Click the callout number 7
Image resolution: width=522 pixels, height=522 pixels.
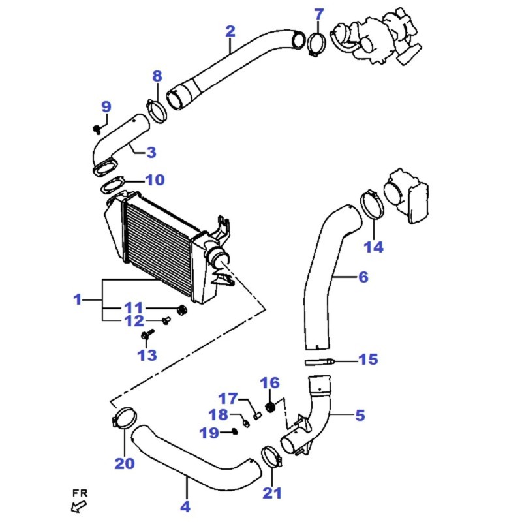click(x=318, y=14)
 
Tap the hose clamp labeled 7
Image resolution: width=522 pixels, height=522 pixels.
click(x=316, y=43)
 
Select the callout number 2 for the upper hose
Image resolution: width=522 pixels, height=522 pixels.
click(x=230, y=31)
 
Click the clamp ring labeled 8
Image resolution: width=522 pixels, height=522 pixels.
click(x=156, y=110)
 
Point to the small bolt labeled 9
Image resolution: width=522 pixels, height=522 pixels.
click(x=97, y=129)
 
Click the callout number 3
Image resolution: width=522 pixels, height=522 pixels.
click(x=151, y=152)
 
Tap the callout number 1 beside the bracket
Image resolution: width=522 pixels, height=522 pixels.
click(x=78, y=299)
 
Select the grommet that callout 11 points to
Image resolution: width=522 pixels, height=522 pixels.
click(x=182, y=310)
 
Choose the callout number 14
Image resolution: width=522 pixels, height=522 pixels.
click(x=373, y=247)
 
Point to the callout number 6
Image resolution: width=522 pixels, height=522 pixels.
click(x=363, y=277)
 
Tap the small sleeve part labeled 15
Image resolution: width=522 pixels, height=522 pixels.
click(x=320, y=361)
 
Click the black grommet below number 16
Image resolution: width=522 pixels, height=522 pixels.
click(x=271, y=407)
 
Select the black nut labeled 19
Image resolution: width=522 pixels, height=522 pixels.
click(x=234, y=432)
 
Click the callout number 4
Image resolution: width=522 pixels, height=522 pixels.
click(x=185, y=506)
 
